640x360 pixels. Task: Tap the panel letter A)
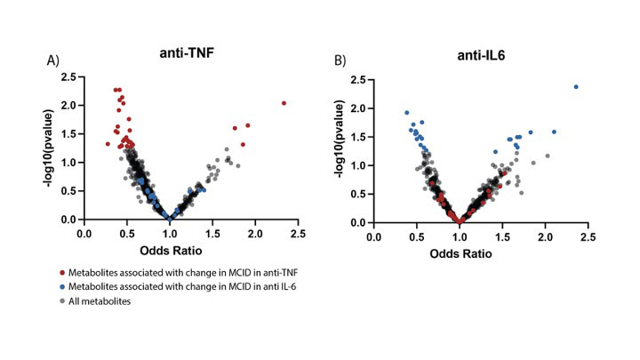[x=53, y=60]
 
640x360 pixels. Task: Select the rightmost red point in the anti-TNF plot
[x=284, y=103]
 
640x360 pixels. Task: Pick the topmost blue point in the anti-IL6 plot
[x=576, y=87]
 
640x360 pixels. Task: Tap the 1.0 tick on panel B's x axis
[x=460, y=237]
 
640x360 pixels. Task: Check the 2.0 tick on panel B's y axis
[x=361, y=108]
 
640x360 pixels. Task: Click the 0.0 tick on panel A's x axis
[x=84, y=234]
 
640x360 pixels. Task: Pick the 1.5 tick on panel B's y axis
[x=361, y=137]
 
